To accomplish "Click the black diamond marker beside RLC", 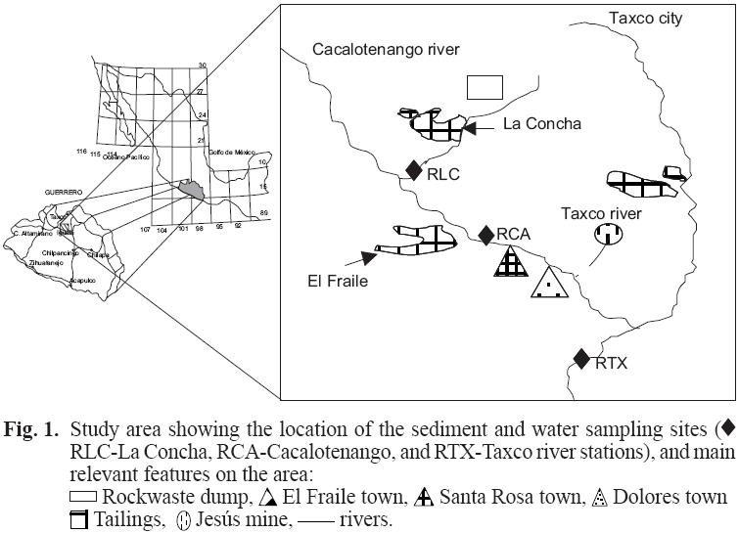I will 416,169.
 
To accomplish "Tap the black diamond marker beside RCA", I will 485,235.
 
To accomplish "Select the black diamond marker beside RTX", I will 582,359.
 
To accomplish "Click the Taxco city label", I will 646,19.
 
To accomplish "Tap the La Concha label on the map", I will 542,124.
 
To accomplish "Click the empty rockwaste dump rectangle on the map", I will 485,87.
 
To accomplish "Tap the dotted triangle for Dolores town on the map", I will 549,283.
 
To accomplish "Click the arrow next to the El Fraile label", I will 372,257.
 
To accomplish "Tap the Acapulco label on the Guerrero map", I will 84,279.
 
